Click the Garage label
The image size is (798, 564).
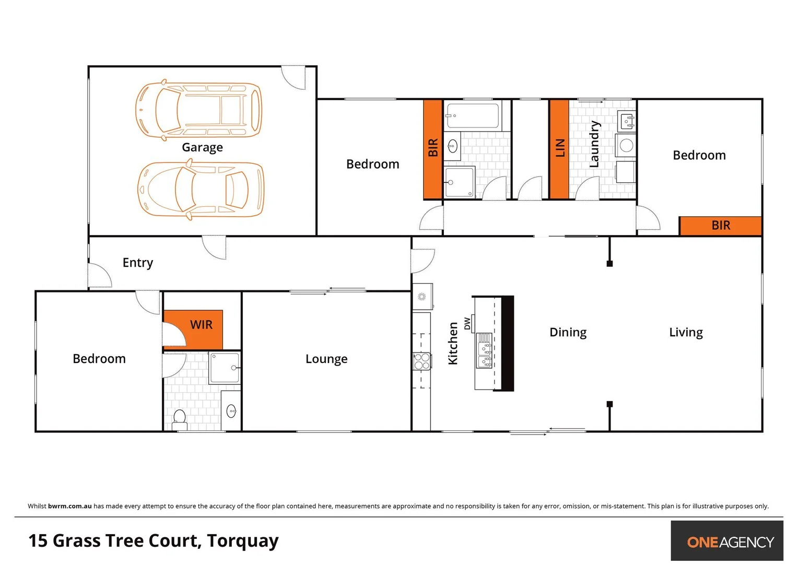[x=202, y=148]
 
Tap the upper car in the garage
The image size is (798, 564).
[x=198, y=110]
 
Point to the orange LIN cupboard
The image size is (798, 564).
[x=559, y=149]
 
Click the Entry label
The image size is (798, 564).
[x=138, y=263]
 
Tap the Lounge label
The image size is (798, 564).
[x=326, y=359]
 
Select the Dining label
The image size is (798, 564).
[x=568, y=333]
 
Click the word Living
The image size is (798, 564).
[x=686, y=333]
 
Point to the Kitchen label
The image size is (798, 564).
[x=453, y=343]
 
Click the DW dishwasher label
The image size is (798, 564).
[x=467, y=324]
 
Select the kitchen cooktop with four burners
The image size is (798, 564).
[x=422, y=361]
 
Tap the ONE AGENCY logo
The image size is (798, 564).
[x=730, y=542]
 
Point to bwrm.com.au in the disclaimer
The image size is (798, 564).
[x=70, y=506]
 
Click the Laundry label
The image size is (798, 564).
[x=594, y=144]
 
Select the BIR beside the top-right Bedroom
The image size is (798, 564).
[x=720, y=226]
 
